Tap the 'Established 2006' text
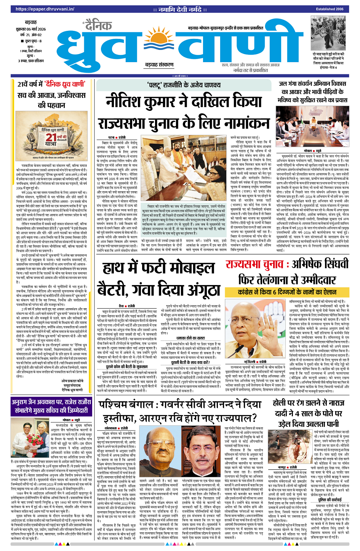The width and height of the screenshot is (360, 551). [330, 9]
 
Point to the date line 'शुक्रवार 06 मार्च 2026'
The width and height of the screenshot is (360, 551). [31, 29]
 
